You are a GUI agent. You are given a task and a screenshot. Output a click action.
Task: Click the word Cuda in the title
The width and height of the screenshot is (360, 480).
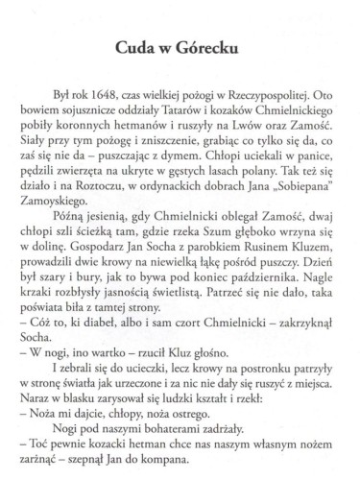pyautogui.click(x=138, y=48)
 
